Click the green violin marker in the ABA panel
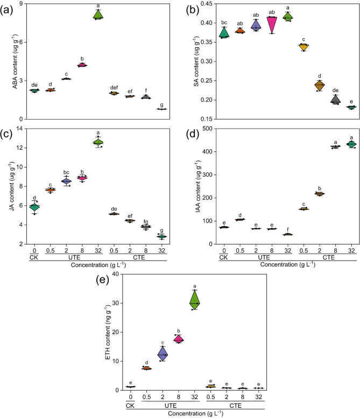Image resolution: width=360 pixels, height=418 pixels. tap(98, 15)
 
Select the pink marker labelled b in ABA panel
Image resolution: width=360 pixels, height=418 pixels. tap(82, 65)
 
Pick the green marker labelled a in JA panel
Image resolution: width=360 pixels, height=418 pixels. tap(98, 142)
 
